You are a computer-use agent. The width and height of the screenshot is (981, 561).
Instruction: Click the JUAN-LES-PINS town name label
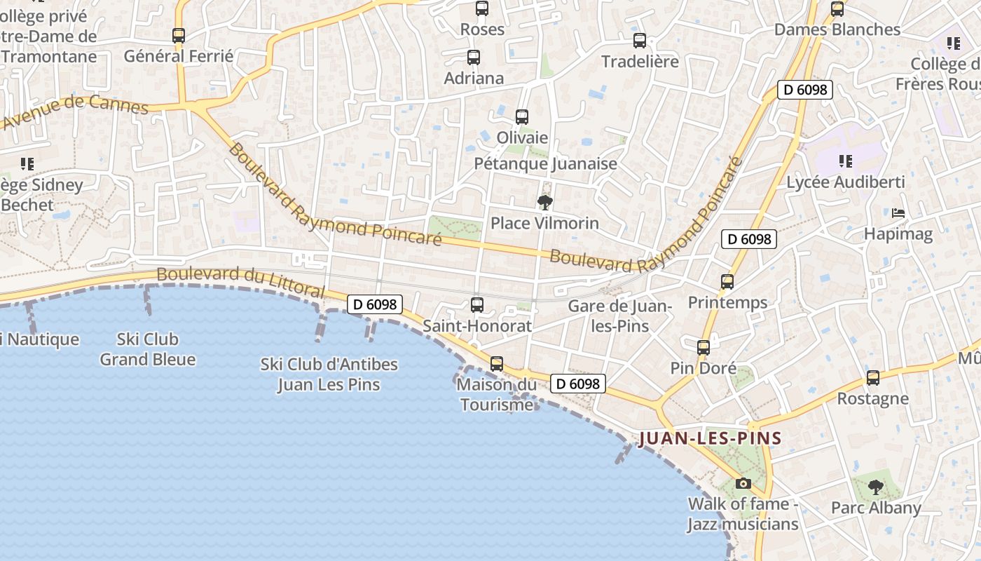(710, 439)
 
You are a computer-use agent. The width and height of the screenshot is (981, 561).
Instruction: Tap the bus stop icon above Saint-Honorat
(477, 305)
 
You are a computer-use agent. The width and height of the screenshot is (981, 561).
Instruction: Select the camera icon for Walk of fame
(743, 483)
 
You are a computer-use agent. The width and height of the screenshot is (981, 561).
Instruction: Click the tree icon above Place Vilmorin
(544, 203)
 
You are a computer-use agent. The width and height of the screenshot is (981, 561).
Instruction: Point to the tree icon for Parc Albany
(875, 487)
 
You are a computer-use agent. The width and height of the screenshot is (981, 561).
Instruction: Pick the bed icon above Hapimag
(898, 213)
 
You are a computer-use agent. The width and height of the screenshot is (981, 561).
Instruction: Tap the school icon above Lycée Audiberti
(846, 162)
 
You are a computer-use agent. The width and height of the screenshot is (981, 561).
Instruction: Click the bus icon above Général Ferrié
(179, 36)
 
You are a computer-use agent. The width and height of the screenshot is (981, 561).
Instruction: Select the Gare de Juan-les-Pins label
(619, 316)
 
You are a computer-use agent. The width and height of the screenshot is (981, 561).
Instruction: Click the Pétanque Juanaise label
(545, 164)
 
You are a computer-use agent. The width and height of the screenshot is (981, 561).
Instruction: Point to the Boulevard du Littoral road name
(240, 280)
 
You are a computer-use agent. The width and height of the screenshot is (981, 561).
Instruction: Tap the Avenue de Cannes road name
(76, 111)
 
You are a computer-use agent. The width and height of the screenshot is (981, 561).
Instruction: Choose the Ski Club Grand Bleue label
(147, 349)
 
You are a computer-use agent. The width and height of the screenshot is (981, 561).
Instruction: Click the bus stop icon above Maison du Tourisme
(497, 364)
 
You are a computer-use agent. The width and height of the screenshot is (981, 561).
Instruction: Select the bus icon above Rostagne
(873, 378)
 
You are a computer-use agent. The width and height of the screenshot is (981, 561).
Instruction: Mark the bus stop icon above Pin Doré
(704, 347)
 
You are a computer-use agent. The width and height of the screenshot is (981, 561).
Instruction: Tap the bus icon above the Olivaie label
(522, 117)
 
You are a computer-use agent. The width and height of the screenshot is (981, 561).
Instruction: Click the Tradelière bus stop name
(640, 62)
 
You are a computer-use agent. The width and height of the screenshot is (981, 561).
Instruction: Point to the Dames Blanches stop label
(837, 29)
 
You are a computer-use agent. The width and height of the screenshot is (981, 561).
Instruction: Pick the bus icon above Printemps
(727, 282)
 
